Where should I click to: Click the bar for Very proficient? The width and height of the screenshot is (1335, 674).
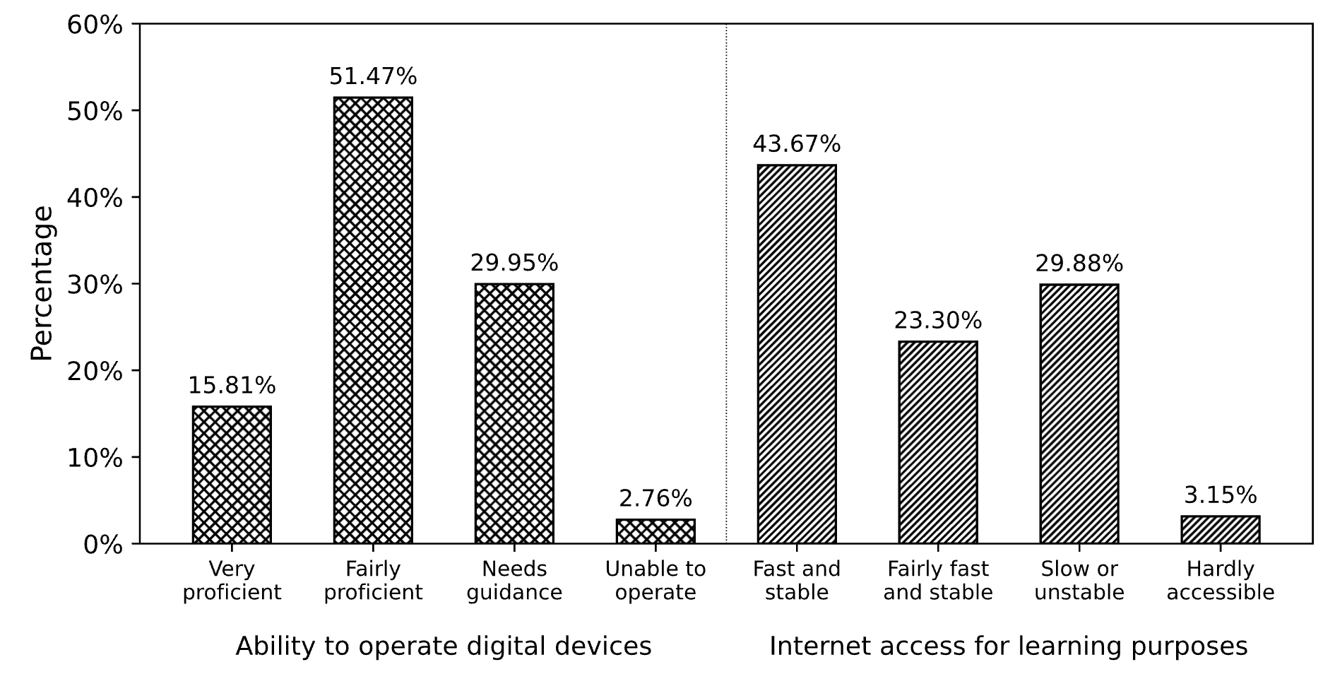tap(232, 475)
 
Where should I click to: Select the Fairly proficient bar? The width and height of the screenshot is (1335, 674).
tap(373, 320)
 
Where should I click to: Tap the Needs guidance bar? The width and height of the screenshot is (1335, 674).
tap(514, 413)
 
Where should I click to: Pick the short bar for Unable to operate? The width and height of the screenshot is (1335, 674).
tap(655, 531)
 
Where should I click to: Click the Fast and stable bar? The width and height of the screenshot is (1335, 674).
tap(797, 354)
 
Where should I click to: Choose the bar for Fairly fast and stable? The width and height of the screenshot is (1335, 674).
tap(938, 442)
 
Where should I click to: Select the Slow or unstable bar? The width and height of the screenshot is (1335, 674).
tap(1079, 413)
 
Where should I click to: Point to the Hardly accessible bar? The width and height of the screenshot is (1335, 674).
tap(1221, 530)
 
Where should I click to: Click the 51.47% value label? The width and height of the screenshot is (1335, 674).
tap(373, 76)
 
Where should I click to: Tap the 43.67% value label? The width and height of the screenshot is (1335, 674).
tap(797, 144)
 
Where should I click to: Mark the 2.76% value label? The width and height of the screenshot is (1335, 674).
tap(655, 499)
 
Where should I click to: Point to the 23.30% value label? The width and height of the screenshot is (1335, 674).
tap(938, 321)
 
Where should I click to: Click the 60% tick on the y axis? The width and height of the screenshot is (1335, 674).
tap(95, 25)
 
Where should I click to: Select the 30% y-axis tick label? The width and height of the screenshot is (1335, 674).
tap(95, 285)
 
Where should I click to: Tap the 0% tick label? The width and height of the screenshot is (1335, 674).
tap(103, 545)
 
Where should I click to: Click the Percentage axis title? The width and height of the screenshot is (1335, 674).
tap(42, 283)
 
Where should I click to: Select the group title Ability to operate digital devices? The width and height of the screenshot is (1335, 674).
tap(444, 646)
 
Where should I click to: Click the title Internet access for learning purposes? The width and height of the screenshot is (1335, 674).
tap(1009, 646)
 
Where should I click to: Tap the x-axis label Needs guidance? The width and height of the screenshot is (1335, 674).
tap(514, 580)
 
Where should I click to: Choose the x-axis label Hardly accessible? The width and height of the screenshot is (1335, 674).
tap(1221, 580)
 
